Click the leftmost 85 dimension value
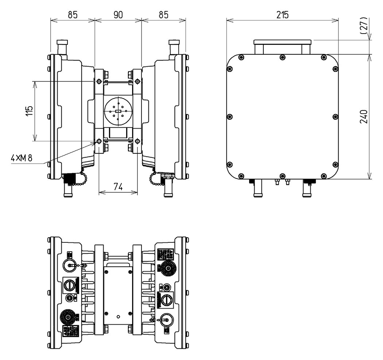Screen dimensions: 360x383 pos(72,15)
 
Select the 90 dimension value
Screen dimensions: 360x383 pos(118,15)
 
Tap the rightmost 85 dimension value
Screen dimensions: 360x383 pos(163,15)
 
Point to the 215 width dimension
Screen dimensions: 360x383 pos(282,15)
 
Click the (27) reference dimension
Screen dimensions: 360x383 pos(363,26)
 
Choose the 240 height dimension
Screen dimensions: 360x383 pos(363,116)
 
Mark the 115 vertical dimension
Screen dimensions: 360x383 pos(29,111)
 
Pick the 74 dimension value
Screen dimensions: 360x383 pos(118,187)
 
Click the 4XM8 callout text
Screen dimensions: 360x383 pos(22,158)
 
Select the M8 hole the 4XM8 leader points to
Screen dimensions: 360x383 pos(99,141)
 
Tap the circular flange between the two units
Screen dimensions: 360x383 pos(117,111)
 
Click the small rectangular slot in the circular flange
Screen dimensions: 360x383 pos(117,111)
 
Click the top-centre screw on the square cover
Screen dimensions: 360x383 pos(282,57)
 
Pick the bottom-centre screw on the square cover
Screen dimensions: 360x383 pos(282,176)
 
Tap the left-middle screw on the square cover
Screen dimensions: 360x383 pos(229,116)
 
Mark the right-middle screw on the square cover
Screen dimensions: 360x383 pos(336,116)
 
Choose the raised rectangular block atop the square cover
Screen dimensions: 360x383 pos(282,47)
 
